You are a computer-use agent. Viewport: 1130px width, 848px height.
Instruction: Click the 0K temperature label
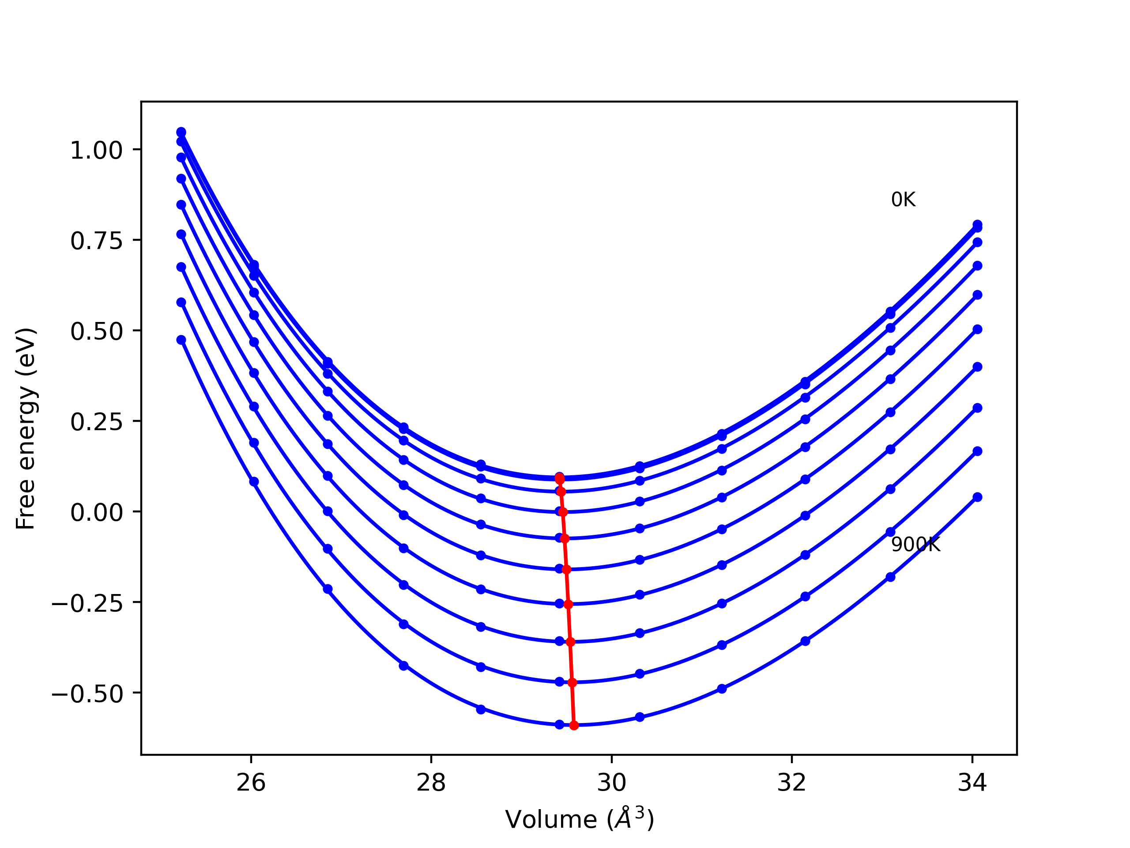pos(903,200)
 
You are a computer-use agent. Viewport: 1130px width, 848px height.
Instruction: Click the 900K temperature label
pos(915,545)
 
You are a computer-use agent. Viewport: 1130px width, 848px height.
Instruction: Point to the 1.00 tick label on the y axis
pos(97,151)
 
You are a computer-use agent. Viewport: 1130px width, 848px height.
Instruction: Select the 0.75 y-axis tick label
pos(97,241)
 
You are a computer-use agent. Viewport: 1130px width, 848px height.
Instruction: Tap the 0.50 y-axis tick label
pos(97,332)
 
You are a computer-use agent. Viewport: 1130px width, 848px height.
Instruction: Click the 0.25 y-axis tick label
pos(97,422)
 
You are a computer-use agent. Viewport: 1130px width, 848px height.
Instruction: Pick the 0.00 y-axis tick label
pos(97,513)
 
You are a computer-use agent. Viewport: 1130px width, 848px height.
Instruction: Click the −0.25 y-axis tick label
pos(87,604)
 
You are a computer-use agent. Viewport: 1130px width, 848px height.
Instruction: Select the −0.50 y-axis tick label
pos(87,694)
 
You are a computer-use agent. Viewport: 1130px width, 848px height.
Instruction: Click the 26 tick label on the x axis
pos(251,783)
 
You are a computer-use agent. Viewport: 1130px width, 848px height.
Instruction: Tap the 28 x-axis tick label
pos(431,783)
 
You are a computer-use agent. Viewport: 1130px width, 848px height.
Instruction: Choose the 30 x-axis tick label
pos(611,783)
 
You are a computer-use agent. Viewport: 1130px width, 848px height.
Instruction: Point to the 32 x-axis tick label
pos(792,783)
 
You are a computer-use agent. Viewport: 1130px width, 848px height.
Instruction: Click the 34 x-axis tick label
pos(972,783)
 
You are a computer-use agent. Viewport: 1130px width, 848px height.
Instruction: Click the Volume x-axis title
pos(579,819)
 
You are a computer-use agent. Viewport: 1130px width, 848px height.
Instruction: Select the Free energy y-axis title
pos(26,428)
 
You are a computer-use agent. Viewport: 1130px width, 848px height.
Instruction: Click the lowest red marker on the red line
pos(574,725)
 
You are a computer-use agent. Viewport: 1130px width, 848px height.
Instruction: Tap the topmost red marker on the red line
pos(559,478)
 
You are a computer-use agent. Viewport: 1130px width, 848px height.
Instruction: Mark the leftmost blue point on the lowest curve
pos(181,340)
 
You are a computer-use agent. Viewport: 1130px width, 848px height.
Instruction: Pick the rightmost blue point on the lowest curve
pos(977,497)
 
